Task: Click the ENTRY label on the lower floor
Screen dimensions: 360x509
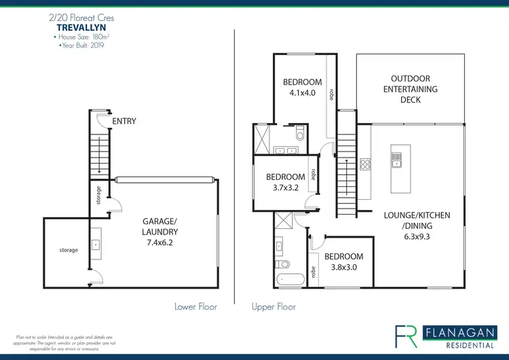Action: pos(124,122)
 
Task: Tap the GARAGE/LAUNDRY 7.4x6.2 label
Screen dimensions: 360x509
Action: pos(160,231)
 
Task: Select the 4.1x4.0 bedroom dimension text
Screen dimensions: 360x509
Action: pos(299,94)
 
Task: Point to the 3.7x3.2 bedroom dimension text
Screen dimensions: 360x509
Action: pos(285,188)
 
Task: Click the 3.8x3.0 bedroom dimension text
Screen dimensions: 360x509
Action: pos(343,267)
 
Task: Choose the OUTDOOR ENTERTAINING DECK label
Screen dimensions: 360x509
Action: pos(411,90)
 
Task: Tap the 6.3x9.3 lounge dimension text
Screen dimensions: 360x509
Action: pos(417,238)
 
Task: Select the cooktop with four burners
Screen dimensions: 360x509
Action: pos(365,164)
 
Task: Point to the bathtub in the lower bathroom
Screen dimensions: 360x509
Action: pos(292,278)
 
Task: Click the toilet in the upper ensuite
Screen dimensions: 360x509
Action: pos(299,131)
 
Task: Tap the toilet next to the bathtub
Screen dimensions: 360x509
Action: pos(282,264)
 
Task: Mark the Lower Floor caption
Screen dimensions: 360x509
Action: pos(195,307)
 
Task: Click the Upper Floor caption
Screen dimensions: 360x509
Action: pos(274,307)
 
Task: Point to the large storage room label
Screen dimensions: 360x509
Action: pos(69,250)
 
